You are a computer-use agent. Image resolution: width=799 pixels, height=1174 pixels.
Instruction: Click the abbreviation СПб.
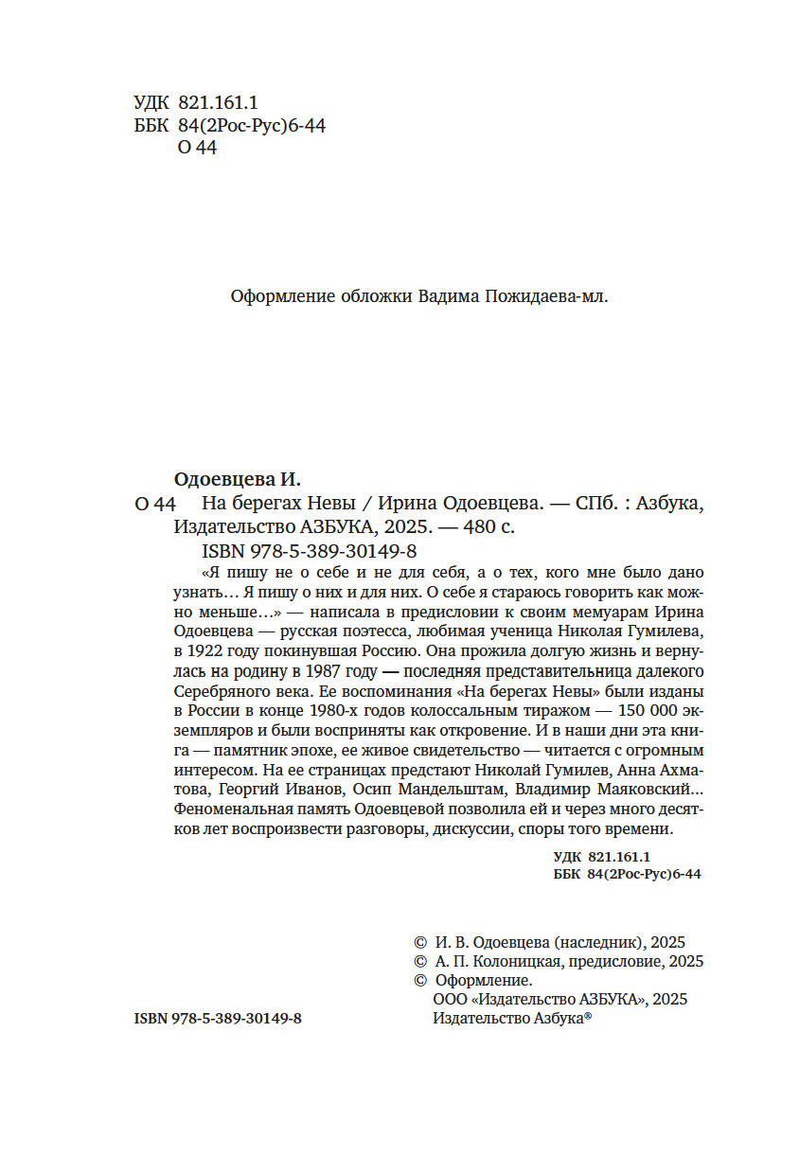pyautogui.click(x=593, y=503)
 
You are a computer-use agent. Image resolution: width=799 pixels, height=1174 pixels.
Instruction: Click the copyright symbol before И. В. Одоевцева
pyautogui.click(x=420, y=943)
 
